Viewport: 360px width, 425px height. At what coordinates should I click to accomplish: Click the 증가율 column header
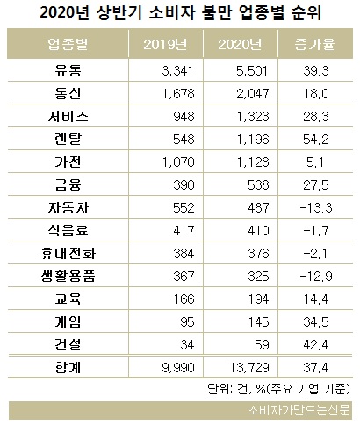click(314, 45)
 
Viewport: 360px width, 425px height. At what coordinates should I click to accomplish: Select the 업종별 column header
click(68, 45)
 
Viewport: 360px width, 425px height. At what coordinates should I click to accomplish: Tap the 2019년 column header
click(165, 45)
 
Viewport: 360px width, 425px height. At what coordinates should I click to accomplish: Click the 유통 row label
click(68, 70)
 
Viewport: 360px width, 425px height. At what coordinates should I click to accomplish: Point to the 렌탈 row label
click(68, 139)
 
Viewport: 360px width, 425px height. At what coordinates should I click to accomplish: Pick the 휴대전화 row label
click(68, 253)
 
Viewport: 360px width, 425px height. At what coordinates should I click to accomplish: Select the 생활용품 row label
click(68, 276)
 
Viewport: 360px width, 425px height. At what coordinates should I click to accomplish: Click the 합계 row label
click(68, 367)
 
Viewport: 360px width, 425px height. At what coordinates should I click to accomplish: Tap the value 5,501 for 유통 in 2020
click(252, 71)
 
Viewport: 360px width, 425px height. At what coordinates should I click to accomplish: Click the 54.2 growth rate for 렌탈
click(316, 140)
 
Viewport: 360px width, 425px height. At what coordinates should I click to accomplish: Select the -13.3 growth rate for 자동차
click(316, 208)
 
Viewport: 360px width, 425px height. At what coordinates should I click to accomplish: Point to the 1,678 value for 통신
click(178, 94)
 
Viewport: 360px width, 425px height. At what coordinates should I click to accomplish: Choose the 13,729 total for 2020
click(249, 368)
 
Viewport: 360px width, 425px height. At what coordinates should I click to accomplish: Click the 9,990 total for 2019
click(178, 368)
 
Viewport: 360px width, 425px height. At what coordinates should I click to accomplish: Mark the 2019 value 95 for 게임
click(187, 322)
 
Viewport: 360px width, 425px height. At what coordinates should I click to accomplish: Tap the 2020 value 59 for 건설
click(262, 345)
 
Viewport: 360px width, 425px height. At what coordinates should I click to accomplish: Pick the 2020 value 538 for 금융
click(258, 185)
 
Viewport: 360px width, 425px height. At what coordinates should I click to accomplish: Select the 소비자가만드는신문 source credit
click(299, 410)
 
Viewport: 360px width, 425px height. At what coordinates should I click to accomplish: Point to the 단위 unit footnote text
click(278, 389)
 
